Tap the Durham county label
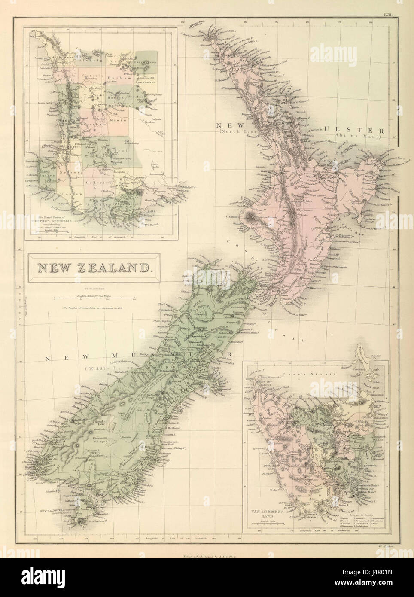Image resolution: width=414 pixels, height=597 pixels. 118,79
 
